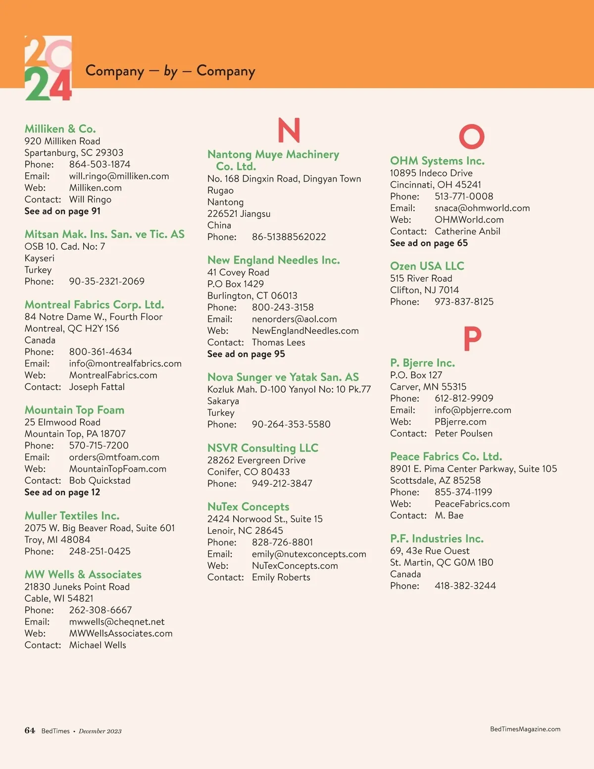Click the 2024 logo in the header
click(x=48, y=68)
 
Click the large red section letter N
click(x=289, y=130)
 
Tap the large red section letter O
click(x=471, y=136)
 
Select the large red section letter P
click(x=472, y=339)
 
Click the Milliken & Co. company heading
click(x=60, y=129)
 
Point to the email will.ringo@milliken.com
click(x=119, y=176)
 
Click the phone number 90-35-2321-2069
click(x=106, y=281)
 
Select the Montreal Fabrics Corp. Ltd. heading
click(x=94, y=305)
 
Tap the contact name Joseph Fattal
click(x=97, y=387)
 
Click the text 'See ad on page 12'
click(x=62, y=492)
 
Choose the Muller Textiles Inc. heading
click(x=72, y=515)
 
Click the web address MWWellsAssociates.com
click(x=121, y=633)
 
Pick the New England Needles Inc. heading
click(x=273, y=260)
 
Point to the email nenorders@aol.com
click(x=294, y=319)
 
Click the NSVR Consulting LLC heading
click(x=262, y=448)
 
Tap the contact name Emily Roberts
click(x=281, y=577)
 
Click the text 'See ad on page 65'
click(x=429, y=243)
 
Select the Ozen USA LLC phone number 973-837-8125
click(x=464, y=302)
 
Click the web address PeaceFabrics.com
click(x=472, y=504)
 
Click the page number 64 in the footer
click(x=30, y=730)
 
